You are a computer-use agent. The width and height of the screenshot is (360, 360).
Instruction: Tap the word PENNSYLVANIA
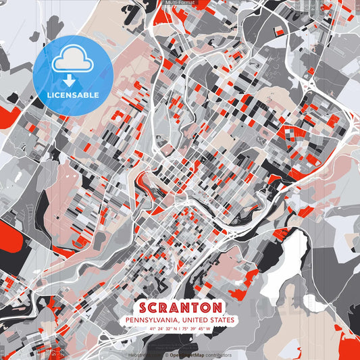(153, 319)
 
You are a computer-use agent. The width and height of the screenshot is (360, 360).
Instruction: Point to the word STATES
(223, 319)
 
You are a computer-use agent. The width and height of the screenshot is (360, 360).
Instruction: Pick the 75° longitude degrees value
(188, 329)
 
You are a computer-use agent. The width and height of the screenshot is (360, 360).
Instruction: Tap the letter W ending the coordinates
(209, 329)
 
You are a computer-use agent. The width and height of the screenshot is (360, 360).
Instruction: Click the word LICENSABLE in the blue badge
(72, 95)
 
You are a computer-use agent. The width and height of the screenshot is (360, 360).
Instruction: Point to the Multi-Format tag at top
(180, 3)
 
